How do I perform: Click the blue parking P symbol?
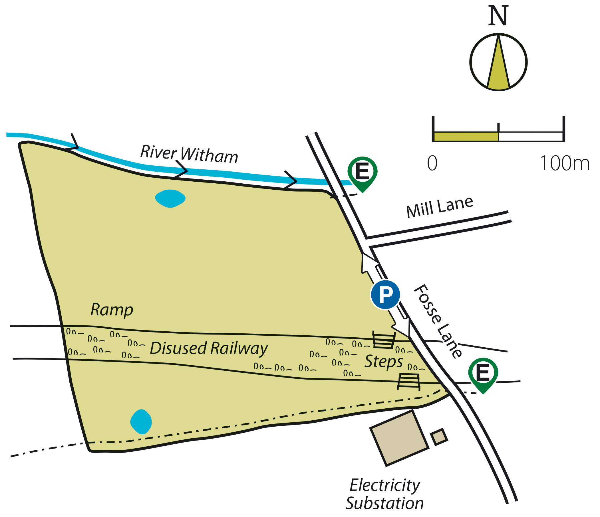385,295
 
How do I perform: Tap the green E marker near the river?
362,172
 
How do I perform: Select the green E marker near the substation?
483,373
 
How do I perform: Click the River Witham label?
189,154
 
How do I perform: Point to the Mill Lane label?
440,207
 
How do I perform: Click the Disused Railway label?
208,348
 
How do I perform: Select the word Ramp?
112,310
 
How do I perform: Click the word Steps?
383,361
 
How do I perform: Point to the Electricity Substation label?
384,494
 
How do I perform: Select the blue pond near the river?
170,198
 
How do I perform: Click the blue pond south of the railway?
141,421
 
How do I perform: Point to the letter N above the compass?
498,16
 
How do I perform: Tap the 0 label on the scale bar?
432,163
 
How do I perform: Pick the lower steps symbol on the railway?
408,381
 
